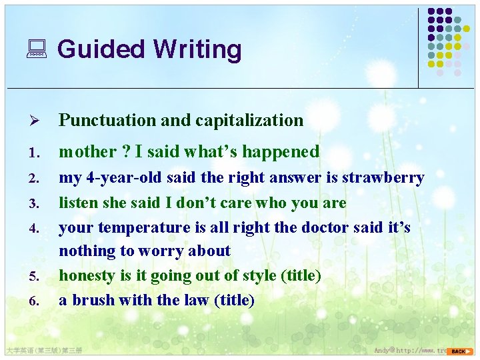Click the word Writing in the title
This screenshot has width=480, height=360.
coord(197,50)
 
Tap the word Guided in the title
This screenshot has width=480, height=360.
coord(101,49)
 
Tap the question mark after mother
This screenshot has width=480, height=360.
coord(125,152)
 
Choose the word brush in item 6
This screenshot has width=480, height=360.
coord(95,300)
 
